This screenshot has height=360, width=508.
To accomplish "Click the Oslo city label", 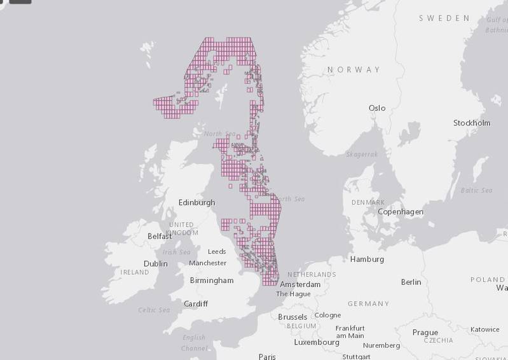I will click(377, 108).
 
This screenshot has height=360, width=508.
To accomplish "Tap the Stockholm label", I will click(471, 123).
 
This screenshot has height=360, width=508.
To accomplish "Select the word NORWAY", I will click(354, 69).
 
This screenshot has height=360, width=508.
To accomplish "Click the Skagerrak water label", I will click(362, 155).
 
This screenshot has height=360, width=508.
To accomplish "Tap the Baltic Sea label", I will click(476, 190).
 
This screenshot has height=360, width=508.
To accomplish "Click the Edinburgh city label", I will click(196, 202).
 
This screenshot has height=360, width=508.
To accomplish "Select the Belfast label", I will click(159, 236).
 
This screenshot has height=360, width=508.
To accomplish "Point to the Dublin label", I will click(155, 263).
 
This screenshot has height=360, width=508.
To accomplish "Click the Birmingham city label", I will click(212, 280).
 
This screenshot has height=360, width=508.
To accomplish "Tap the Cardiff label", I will click(195, 303).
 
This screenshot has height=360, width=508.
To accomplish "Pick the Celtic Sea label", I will click(154, 310).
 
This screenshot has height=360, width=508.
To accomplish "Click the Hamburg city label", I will click(367, 259).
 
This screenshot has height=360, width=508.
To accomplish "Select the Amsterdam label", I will click(299, 284).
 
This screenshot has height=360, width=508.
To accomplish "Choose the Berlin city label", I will click(411, 282).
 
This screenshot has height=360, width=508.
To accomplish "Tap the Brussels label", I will click(292, 317).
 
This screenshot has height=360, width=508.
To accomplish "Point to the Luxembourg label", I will click(317, 342).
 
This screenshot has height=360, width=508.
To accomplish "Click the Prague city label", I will click(425, 332).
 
